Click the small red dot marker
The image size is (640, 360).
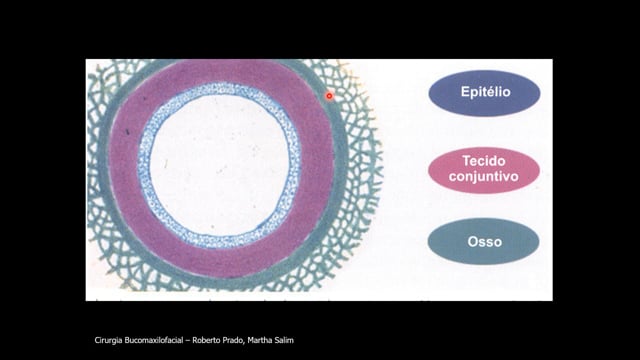pyautogui.click(x=329, y=96)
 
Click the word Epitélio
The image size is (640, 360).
pyautogui.click(x=485, y=92)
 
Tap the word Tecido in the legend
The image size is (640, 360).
pyautogui.click(x=484, y=161)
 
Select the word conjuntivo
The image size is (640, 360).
pyautogui.click(x=484, y=176)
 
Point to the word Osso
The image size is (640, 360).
pyautogui.click(x=484, y=242)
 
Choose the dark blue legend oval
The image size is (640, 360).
pyautogui.click(x=484, y=93)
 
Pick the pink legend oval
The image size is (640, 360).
pyautogui.click(x=484, y=170)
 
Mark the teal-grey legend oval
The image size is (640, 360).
pyautogui.click(x=484, y=242)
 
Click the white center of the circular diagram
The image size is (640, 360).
pyautogui.click(x=220, y=165)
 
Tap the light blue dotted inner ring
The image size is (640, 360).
pyautogui.click(x=220, y=89)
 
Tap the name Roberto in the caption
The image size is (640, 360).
pyautogui.click(x=205, y=340)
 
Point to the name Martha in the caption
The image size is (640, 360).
pyautogui.click(x=260, y=340)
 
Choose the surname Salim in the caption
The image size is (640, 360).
pyautogui.click(x=284, y=340)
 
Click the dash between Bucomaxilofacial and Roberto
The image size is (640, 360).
pyautogui.click(x=188, y=341)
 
